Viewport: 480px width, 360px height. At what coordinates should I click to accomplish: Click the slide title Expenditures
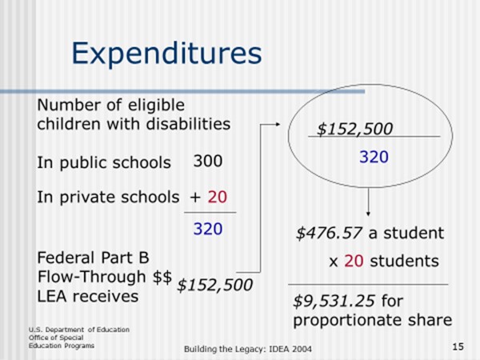[166, 54]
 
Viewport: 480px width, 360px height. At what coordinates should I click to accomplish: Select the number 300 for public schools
[207, 161]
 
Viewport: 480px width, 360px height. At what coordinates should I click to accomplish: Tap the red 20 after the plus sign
[218, 197]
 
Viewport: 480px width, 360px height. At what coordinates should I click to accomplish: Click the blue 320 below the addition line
[208, 230]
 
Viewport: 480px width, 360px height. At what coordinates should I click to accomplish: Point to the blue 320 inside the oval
[374, 158]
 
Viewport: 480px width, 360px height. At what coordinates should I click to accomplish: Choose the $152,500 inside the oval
[354, 129]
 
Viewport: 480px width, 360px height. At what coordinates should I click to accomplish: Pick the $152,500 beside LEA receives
[214, 285]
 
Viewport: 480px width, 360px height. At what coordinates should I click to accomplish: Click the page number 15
[458, 346]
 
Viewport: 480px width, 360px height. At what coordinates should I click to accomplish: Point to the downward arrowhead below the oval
[367, 211]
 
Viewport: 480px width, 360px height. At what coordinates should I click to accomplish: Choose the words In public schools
[104, 162]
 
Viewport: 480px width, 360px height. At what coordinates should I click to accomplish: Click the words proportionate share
[372, 321]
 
